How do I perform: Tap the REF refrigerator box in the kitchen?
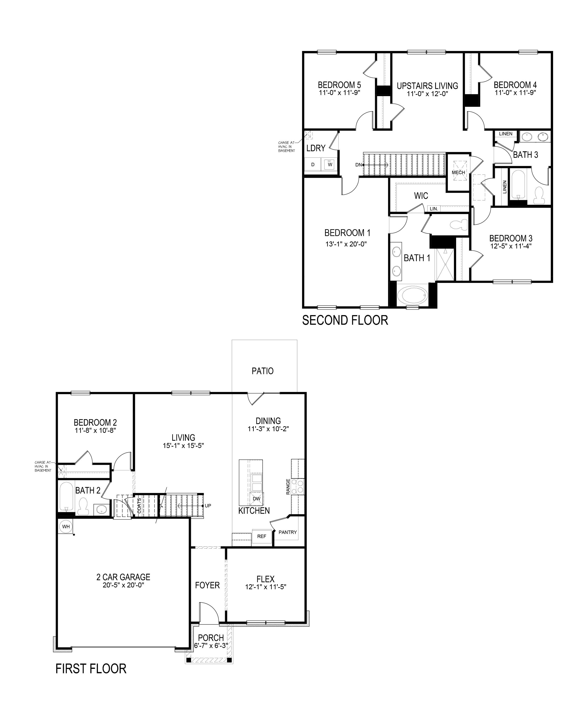click(262, 536)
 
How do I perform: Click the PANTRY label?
click(288, 532)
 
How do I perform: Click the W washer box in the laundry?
click(330, 164)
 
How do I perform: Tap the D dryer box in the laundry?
click(313, 164)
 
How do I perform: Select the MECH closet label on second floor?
click(458, 173)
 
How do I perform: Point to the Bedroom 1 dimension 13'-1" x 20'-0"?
click(346, 244)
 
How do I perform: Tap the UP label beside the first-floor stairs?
click(208, 506)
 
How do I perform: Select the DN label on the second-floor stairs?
click(358, 165)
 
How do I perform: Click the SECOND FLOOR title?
click(345, 320)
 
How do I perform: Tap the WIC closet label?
click(421, 196)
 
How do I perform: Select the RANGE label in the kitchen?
click(288, 487)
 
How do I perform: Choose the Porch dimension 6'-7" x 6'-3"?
click(211, 646)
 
